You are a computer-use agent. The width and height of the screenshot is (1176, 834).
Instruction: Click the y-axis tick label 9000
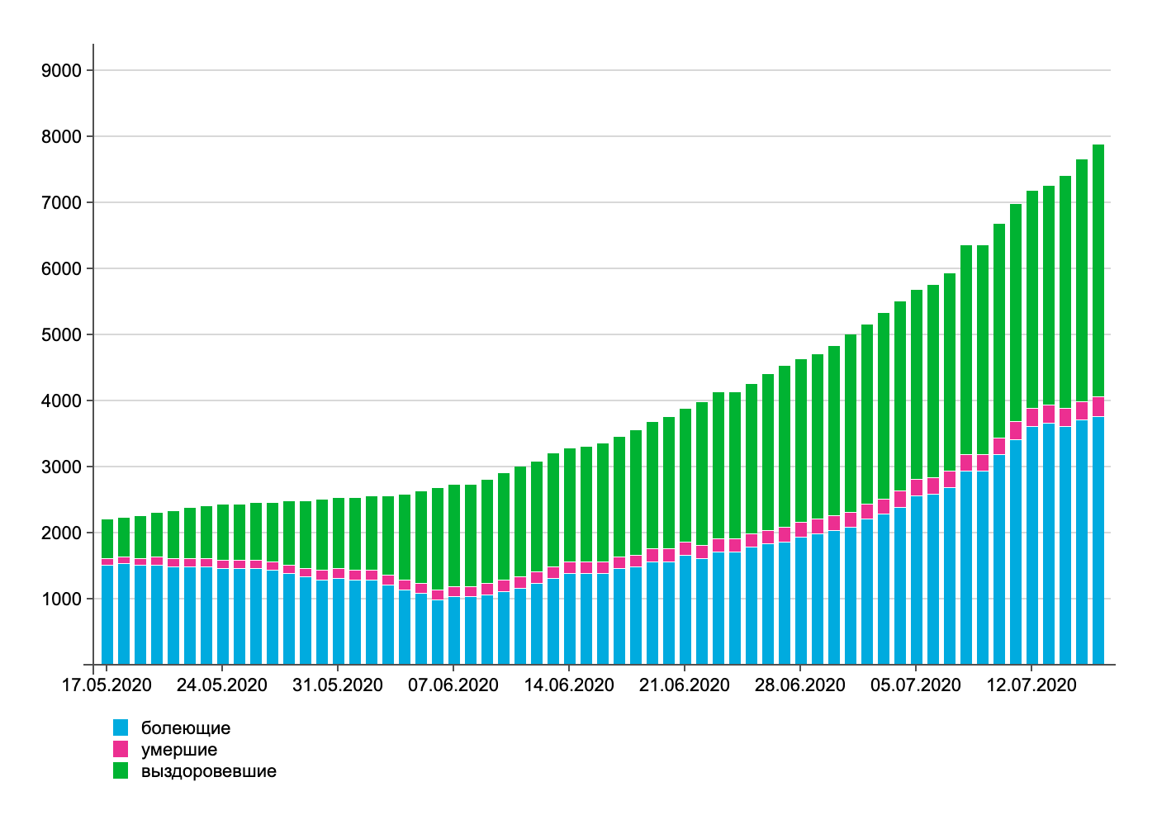point(62,71)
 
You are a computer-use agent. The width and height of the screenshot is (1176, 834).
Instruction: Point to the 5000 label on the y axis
point(62,335)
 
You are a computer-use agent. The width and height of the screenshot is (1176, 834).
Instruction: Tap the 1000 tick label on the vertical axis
point(62,599)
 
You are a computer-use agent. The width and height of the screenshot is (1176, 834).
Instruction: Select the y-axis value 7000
point(62,203)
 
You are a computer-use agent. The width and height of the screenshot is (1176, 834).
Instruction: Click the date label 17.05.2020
point(107,685)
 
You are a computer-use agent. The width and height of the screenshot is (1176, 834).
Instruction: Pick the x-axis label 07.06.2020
point(453,685)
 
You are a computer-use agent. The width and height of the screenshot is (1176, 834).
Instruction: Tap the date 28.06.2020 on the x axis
point(800,685)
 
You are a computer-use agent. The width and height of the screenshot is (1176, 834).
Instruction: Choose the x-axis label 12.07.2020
point(1031,685)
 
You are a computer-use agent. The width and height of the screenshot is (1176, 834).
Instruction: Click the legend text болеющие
point(186,728)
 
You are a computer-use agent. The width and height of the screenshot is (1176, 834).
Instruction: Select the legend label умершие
point(179,750)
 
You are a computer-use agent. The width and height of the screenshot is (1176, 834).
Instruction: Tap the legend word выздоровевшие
point(209,771)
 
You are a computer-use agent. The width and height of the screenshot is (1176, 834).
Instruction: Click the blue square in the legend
point(121,727)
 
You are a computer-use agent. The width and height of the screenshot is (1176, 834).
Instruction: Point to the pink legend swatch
point(121,749)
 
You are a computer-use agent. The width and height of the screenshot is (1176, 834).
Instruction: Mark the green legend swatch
point(121,770)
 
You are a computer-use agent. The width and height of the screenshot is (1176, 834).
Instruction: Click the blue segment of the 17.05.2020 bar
point(107,615)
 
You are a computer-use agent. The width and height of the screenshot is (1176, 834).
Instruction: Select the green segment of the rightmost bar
point(1098,272)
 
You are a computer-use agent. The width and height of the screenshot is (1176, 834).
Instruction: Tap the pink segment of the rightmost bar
point(1098,407)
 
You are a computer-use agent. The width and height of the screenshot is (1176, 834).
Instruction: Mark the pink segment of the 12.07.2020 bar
point(1032,418)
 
